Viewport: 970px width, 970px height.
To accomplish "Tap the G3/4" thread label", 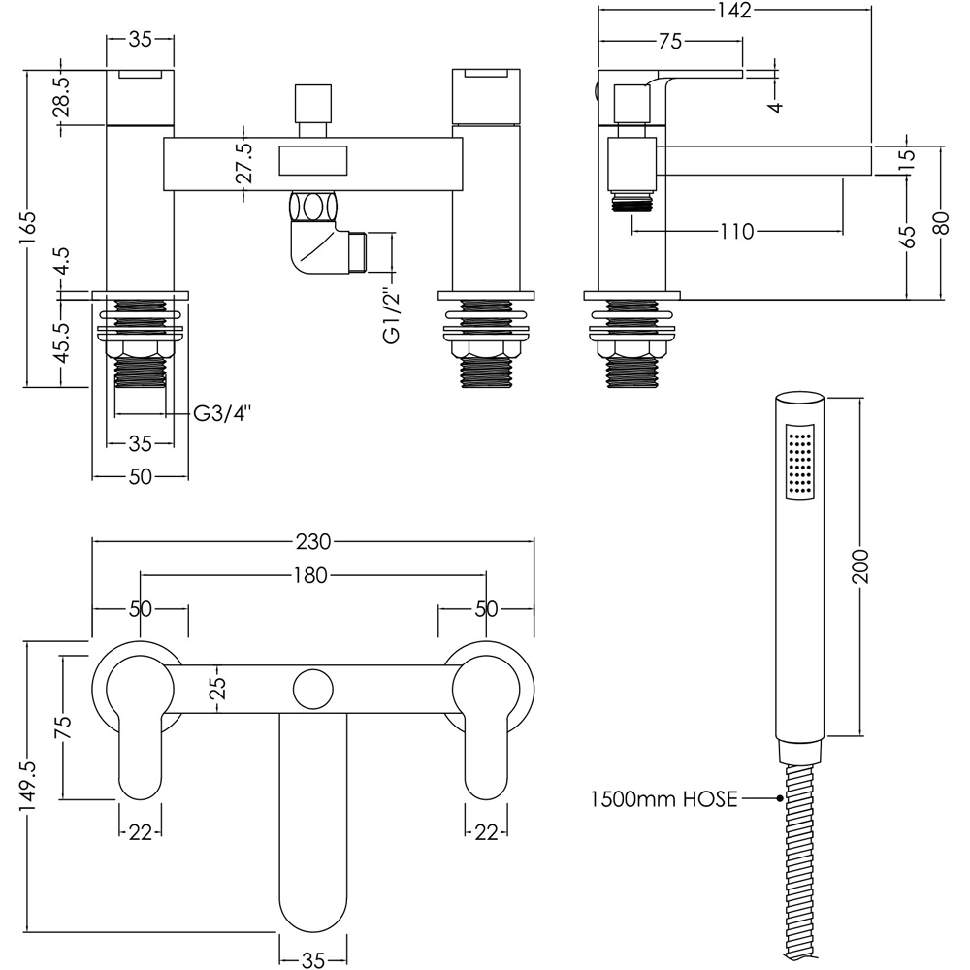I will coord(222,414).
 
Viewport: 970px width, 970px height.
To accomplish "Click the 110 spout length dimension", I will coord(736,232).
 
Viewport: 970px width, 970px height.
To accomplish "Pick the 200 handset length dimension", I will coord(861,566).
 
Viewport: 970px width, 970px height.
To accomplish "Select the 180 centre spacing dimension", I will coord(313,575).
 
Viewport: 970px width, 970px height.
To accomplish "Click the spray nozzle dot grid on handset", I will coord(800,464).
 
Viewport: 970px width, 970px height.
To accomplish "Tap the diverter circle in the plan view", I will coord(313,689).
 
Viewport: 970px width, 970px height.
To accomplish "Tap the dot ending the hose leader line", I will coord(780,799).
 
